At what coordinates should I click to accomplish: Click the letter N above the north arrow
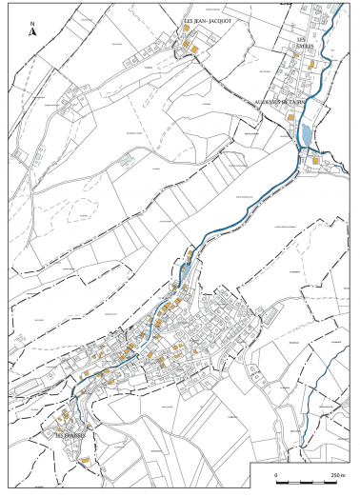[x=33, y=23]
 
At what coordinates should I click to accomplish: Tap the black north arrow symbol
[x=33, y=32]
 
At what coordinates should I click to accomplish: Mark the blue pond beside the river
[x=305, y=135]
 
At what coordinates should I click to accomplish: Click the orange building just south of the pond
[x=312, y=161]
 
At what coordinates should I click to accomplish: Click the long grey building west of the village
[x=33, y=386]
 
